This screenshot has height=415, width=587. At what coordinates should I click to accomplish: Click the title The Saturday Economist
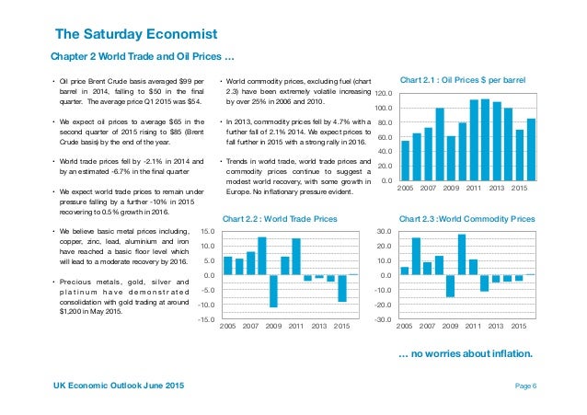coord(136,36)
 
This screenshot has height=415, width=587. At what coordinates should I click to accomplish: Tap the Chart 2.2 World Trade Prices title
coord(280,219)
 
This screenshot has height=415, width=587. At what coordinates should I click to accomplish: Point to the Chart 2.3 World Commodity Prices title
coord(466,219)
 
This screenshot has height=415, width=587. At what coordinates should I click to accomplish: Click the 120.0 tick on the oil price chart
coord(384,95)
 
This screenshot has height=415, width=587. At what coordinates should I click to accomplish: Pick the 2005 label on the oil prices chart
coord(406,189)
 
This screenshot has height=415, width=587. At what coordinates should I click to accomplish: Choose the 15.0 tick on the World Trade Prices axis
coord(207,232)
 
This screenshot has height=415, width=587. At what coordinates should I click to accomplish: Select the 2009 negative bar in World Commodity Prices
coord(451,285)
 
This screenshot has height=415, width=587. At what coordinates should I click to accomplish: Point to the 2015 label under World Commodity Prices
coord(519,327)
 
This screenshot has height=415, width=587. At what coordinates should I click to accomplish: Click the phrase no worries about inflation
coord(466,352)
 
